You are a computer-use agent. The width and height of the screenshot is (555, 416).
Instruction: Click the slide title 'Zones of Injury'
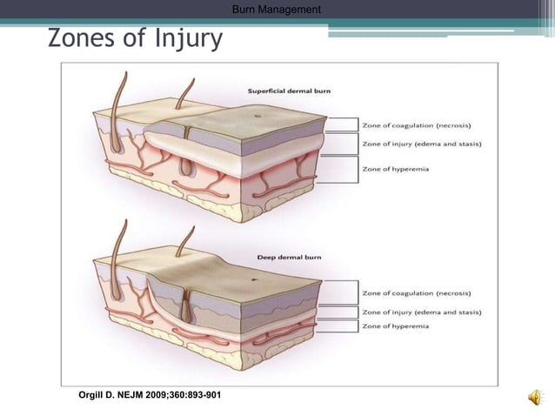point(135,38)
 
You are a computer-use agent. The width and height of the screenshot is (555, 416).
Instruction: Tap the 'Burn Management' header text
point(277,10)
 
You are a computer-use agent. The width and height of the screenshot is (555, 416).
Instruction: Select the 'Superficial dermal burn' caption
point(289,91)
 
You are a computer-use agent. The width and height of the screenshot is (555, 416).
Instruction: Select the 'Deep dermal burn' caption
point(289,258)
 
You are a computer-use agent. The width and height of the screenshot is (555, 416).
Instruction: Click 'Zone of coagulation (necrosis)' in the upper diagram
point(417,125)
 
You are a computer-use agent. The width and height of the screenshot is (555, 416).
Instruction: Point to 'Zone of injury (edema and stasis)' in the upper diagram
point(422,144)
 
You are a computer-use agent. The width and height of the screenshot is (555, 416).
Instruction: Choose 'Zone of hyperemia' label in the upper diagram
point(395,169)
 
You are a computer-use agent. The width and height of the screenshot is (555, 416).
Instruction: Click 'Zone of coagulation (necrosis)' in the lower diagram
point(417,293)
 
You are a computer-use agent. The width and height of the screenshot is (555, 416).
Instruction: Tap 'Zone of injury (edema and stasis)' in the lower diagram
point(422,312)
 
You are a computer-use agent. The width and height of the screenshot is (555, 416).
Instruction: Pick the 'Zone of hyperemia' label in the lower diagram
point(395,326)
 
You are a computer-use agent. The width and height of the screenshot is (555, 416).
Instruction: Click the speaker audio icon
point(535,397)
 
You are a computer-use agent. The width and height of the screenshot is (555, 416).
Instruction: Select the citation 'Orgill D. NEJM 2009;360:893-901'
point(150,395)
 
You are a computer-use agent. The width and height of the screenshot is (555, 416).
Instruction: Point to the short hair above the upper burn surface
point(184,94)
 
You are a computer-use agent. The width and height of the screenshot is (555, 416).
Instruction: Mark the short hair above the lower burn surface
point(184,242)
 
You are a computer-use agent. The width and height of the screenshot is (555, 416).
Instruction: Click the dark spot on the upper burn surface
point(257,116)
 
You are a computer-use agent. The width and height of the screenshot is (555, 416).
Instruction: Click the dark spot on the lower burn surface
point(254,279)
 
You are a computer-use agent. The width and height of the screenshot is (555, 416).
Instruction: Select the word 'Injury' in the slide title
point(189,38)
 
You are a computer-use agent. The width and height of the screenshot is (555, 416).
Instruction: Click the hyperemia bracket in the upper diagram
point(358,169)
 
